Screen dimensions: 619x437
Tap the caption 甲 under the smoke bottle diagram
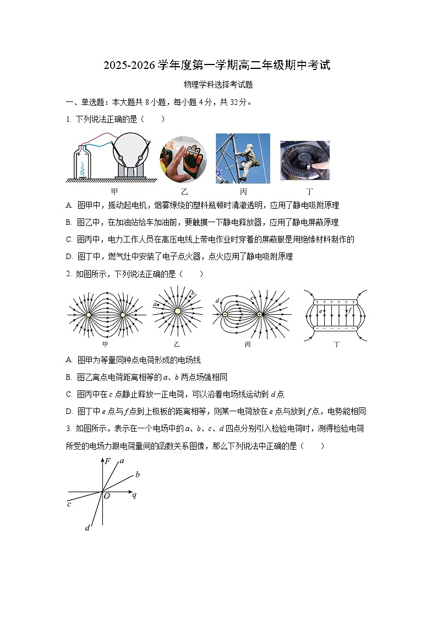[x=114, y=191]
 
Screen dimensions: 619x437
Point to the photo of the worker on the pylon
[x=243, y=158]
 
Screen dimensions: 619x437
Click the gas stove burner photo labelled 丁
[x=304, y=160]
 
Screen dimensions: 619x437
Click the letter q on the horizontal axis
[x=134, y=494]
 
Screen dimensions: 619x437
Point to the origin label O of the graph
[x=107, y=496]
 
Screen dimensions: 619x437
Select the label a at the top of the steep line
[x=122, y=460]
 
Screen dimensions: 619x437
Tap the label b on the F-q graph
[x=137, y=474]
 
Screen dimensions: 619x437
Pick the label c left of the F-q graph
[x=69, y=504]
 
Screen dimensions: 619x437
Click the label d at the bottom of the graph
[x=87, y=528]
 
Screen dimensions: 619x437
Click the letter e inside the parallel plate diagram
[x=321, y=312]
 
